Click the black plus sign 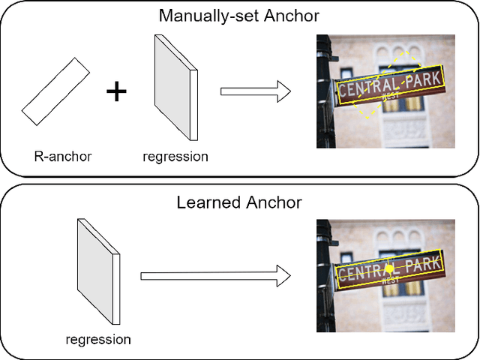tap(116, 91)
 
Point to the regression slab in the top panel tap(175, 88)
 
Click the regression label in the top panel tap(175, 157)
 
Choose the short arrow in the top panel tap(255, 92)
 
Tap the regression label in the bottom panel tap(98, 340)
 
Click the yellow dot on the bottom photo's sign tap(389, 268)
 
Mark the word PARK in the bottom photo tap(421, 265)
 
